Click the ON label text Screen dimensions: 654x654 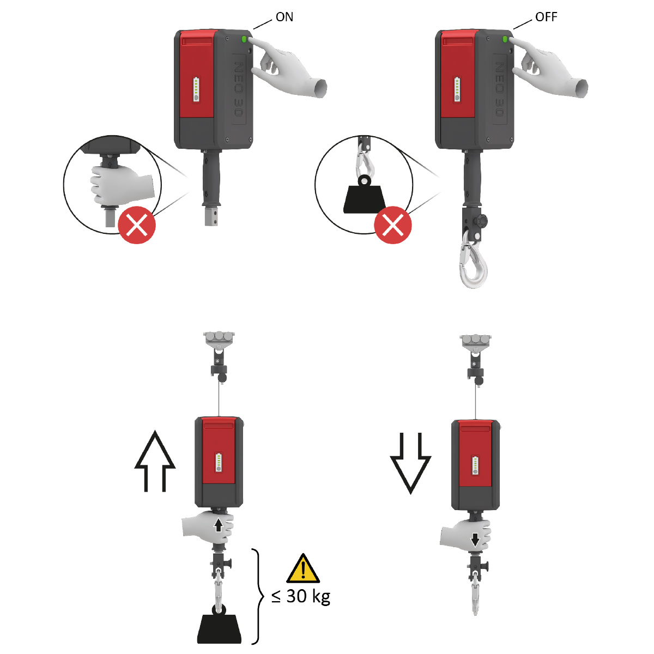(284, 17)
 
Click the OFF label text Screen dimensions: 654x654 (546, 17)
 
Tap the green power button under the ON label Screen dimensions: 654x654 (244, 39)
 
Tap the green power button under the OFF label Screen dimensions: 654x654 (505, 39)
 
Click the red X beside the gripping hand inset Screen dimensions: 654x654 (137, 225)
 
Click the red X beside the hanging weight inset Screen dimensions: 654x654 (392, 225)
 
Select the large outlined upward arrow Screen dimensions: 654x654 (155, 461)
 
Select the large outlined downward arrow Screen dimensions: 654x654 (410, 463)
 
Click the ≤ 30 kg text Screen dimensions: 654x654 (301, 596)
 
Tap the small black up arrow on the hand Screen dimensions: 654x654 (219, 525)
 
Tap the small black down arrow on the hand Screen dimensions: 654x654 (475, 540)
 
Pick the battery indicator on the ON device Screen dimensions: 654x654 (196, 89)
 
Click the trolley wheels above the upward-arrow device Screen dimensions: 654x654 (219, 337)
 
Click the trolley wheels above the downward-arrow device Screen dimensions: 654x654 (475, 340)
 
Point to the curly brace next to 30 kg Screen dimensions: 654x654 (258, 596)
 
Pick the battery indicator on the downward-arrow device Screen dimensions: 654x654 (475, 465)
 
